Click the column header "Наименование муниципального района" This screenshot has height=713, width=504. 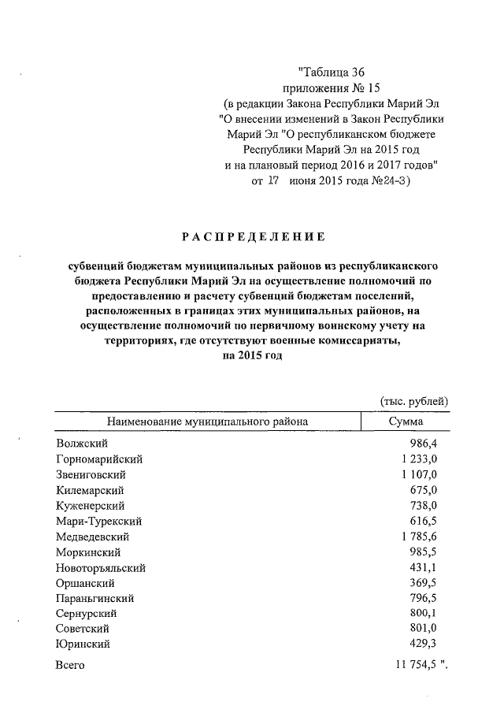coord(207,421)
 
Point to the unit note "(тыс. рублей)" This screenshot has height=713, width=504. coord(414,401)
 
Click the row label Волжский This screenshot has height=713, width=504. coord(82,444)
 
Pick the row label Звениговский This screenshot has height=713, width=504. coord(91,475)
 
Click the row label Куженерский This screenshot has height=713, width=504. coord(90,506)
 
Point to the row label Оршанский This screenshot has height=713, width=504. coord(86,583)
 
